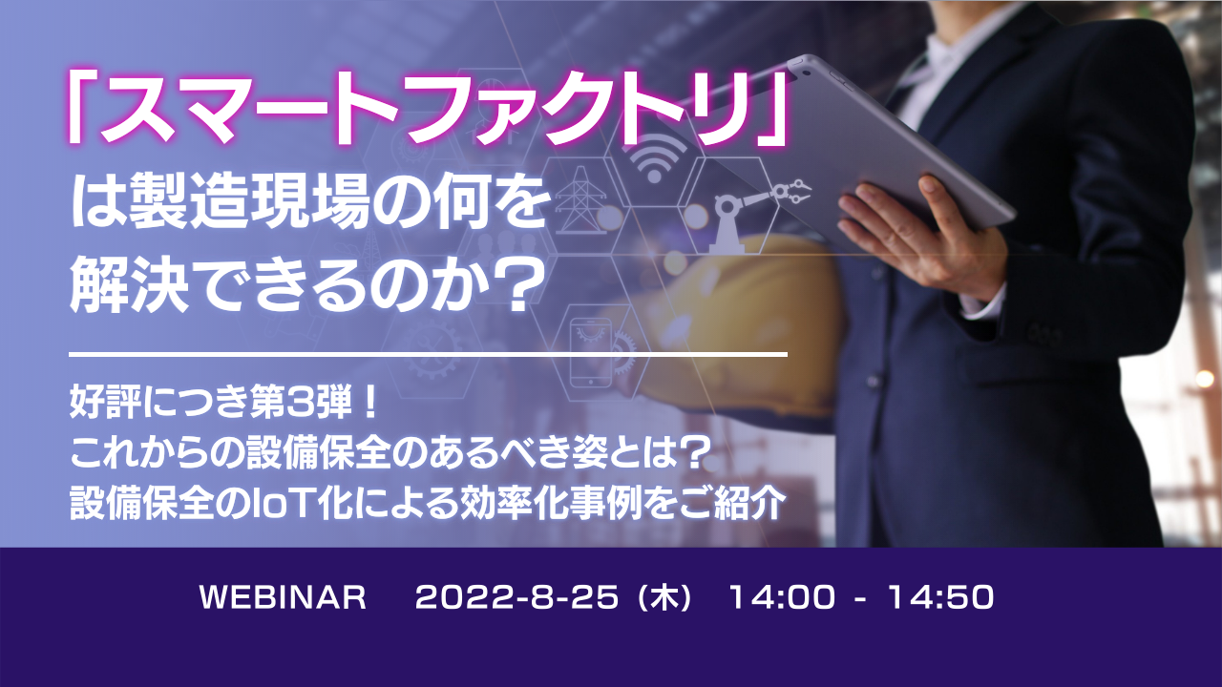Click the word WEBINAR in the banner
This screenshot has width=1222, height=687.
[x=283, y=598]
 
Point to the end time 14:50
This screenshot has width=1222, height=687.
[x=940, y=598]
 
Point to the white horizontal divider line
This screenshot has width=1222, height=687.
[x=429, y=355]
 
